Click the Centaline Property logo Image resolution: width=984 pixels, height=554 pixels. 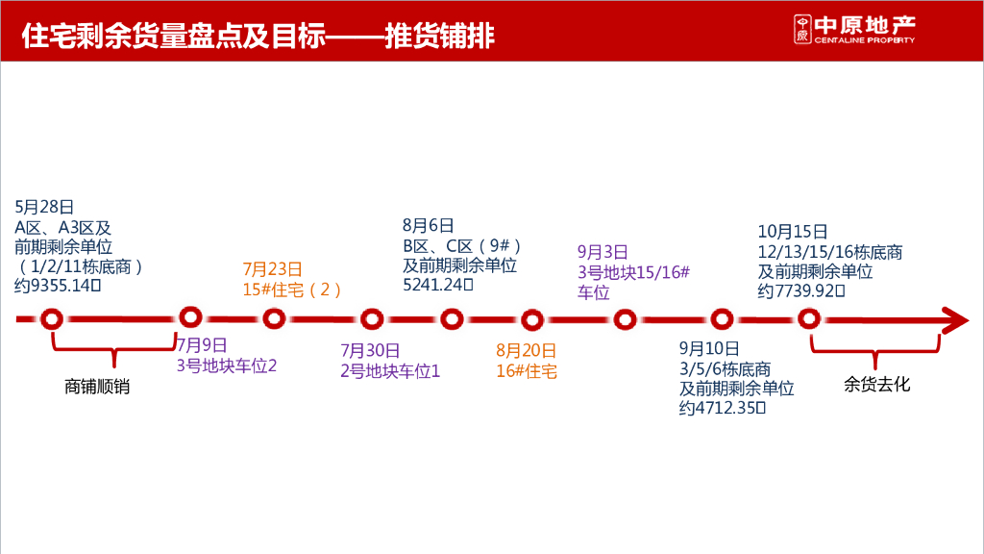pyautogui.click(x=853, y=30)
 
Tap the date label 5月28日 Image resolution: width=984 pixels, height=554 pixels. pyautogui.click(x=44, y=207)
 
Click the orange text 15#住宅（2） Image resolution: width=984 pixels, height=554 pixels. pyautogui.click(x=292, y=290)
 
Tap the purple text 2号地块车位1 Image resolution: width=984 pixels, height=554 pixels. pyautogui.click(x=390, y=370)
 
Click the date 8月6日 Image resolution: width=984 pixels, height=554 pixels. pyautogui.click(x=428, y=225)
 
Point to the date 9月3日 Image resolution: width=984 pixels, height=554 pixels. pyautogui.click(x=603, y=252)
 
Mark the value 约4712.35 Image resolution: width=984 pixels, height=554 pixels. pyautogui.click(x=722, y=409)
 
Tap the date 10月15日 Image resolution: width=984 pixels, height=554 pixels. pyautogui.click(x=792, y=231)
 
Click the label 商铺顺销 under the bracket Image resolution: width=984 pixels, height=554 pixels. pyautogui.click(x=97, y=387)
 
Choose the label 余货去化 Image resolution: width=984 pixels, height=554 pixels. pyautogui.click(x=877, y=385)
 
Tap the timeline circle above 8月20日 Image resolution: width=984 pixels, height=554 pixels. pyautogui.click(x=532, y=319)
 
